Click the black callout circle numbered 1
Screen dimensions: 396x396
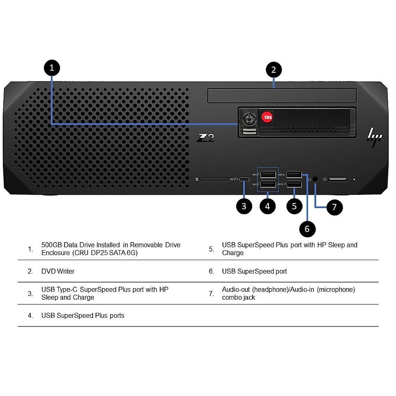click(x=52, y=68)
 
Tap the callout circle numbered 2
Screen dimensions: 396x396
click(x=274, y=70)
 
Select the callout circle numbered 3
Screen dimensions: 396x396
click(x=244, y=206)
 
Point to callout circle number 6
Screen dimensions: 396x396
click(x=307, y=229)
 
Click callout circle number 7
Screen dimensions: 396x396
click(x=334, y=207)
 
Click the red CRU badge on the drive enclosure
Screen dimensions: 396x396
click(x=267, y=117)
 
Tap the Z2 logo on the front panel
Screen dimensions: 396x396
click(x=205, y=138)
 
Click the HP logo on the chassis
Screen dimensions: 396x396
click(x=374, y=136)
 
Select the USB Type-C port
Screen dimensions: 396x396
click(x=244, y=180)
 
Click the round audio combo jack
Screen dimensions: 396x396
click(x=315, y=179)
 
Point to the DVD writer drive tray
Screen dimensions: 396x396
click(x=282, y=96)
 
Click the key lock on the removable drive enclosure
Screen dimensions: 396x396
click(x=249, y=119)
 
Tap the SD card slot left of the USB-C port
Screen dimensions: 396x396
click(x=214, y=179)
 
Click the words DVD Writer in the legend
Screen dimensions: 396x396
click(x=58, y=271)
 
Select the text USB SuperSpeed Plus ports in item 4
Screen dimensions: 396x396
click(x=83, y=315)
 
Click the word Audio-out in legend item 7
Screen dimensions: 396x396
click(x=236, y=289)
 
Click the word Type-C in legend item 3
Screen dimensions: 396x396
click(x=67, y=289)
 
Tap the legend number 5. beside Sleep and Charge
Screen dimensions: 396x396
click(x=212, y=249)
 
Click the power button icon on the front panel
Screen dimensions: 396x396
click(x=325, y=180)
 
